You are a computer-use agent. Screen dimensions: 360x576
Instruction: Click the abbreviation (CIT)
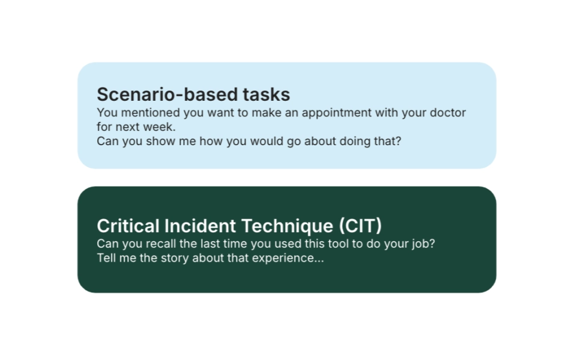click(360, 226)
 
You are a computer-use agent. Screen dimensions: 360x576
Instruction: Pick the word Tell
click(106, 259)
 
